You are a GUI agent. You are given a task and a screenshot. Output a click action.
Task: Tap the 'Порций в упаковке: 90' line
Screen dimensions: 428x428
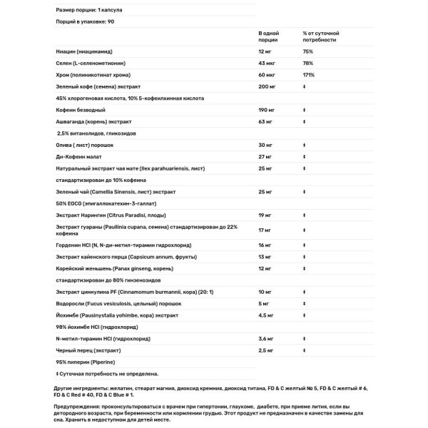[85, 22]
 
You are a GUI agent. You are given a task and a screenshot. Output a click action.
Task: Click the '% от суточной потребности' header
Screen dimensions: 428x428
[321, 37]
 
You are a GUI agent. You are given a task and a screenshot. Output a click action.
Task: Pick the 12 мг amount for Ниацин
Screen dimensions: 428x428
[265, 51]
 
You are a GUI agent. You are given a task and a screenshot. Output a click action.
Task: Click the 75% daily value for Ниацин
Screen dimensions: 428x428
[308, 51]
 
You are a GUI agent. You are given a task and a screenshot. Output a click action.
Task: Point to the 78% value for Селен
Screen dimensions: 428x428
[308, 63]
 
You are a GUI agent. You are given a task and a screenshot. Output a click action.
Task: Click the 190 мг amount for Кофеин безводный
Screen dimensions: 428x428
[267, 110]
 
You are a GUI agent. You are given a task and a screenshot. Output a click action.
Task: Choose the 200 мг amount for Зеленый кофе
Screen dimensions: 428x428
[267, 86]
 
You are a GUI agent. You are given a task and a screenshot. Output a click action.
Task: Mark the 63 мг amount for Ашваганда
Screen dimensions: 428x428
[265, 121]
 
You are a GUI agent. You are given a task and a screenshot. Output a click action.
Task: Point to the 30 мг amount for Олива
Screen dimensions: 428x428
[265, 145]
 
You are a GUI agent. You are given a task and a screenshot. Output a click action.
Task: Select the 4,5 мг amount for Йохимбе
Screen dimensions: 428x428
[266, 315]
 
